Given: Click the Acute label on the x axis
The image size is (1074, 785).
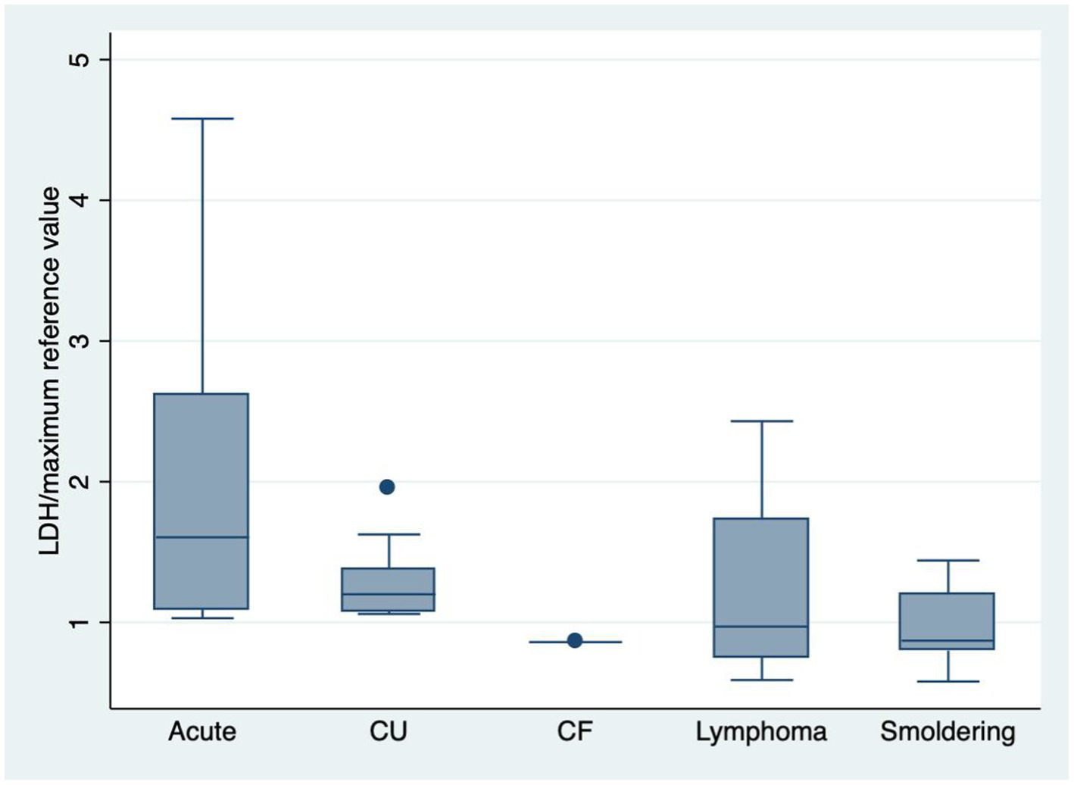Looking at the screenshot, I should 202,732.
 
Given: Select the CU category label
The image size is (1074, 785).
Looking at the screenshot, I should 389,732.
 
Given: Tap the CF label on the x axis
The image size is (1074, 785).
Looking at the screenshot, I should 575,732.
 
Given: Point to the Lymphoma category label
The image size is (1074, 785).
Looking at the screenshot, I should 761,732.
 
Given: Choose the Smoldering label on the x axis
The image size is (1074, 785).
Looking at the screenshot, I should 948,732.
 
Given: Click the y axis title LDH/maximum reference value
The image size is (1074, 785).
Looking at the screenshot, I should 51,371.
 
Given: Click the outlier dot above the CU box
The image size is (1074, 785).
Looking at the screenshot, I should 387,486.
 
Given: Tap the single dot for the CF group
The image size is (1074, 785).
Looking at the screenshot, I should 575,640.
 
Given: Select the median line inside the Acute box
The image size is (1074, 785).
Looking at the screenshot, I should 201,537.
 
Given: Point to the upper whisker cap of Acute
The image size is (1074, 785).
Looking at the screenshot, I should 202,119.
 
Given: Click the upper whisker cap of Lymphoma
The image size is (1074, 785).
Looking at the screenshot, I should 761,421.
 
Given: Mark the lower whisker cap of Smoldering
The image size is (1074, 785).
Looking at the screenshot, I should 948,681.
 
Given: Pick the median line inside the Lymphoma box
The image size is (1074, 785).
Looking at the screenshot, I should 761,627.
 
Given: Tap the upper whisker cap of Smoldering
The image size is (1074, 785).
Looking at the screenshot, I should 948,560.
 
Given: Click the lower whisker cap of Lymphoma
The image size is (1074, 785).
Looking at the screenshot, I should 761,680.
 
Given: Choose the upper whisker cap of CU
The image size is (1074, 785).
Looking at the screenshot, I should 389,534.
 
